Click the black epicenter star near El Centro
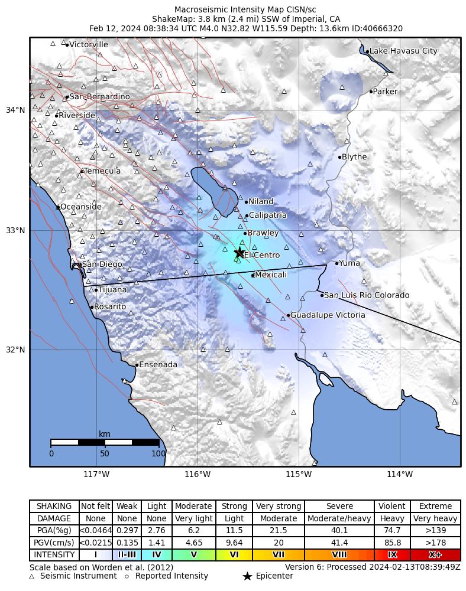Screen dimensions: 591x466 (x=240, y=253)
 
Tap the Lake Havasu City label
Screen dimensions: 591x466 (x=403, y=51)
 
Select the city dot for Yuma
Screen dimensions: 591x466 (x=337, y=263)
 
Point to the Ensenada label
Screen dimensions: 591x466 (x=158, y=365)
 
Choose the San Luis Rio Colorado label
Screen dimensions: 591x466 (x=367, y=295)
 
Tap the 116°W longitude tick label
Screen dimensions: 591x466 (x=198, y=474)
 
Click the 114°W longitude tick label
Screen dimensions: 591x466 (x=400, y=474)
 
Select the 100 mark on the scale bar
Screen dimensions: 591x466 (x=158, y=453)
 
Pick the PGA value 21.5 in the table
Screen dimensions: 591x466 (x=278, y=531)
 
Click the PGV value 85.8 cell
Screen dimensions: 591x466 (x=392, y=543)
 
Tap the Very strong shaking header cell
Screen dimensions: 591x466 (x=278, y=507)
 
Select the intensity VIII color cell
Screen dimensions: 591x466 (x=339, y=555)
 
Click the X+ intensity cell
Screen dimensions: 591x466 (x=435, y=555)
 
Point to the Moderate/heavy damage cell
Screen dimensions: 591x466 (x=339, y=518)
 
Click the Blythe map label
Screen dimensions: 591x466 (x=354, y=157)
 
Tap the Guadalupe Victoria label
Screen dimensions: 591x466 (x=328, y=315)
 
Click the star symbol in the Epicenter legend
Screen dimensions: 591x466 (x=247, y=576)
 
